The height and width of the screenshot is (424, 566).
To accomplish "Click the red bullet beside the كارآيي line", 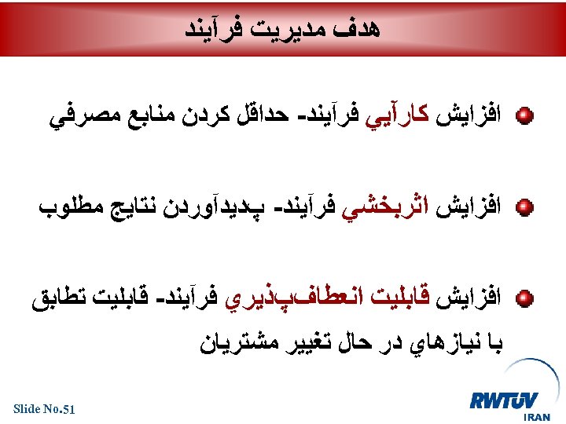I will [526, 118].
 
